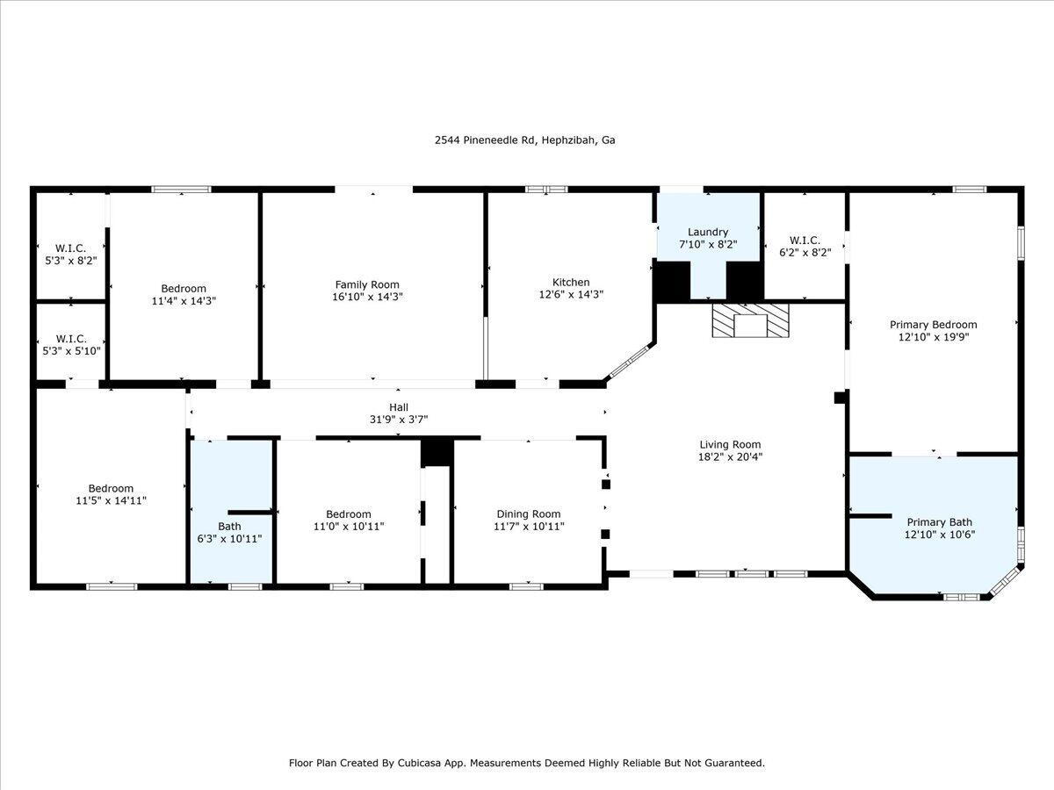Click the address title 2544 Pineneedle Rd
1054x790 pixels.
pos(525,140)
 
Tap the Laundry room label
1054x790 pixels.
pos(708,232)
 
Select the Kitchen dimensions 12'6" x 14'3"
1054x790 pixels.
pos(570,295)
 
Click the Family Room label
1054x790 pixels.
pos(367,284)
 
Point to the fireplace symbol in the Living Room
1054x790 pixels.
pos(751,320)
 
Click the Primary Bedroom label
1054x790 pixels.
pos(933,324)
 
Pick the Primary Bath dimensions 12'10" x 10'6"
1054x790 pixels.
pos(940,534)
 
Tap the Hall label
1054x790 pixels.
pos(398,406)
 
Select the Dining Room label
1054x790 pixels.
pos(528,514)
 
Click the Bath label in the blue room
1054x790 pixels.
pos(229,526)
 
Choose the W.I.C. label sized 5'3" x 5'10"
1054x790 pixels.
pos(70,338)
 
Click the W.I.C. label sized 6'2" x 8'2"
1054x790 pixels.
pos(805,240)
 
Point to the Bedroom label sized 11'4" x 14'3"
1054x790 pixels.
pos(184,288)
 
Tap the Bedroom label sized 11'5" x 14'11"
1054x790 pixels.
pos(111,488)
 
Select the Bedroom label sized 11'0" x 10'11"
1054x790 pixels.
pos(349,514)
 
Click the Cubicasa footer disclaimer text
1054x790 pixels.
pos(526,763)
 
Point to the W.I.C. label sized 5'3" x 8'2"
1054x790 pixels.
pos(70,248)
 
